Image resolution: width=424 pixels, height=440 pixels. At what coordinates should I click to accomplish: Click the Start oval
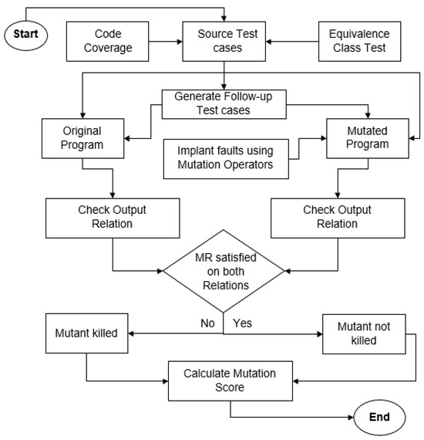pyautogui.click(x=26, y=34)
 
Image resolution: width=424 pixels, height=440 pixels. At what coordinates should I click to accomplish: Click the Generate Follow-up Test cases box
pyautogui.click(x=224, y=103)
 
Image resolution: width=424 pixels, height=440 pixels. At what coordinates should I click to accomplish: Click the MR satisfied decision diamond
pyautogui.click(x=224, y=270)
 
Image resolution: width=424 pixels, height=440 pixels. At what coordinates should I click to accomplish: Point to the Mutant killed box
pyautogui.click(x=85, y=334)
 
